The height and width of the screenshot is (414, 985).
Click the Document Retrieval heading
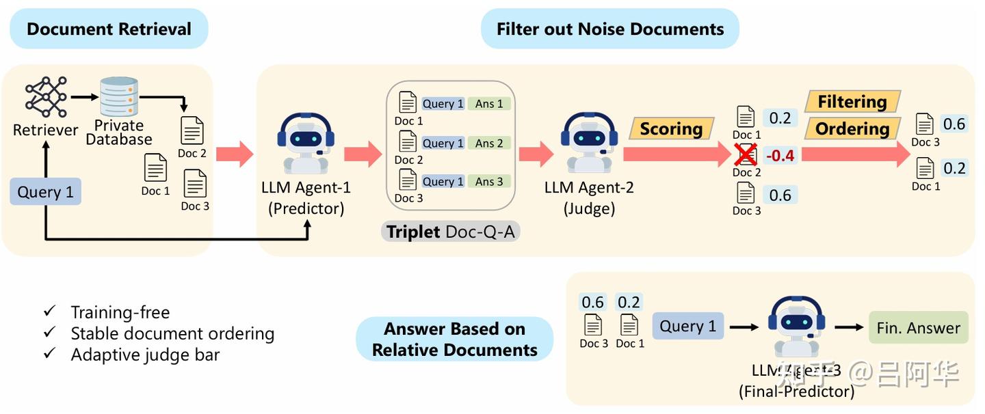coord(109,29)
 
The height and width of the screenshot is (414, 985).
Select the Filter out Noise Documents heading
coord(609,29)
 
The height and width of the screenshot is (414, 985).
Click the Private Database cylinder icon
coord(119,97)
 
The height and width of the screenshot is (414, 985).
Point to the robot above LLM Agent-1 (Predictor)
coord(306,142)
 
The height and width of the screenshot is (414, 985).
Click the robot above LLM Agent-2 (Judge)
coord(588,142)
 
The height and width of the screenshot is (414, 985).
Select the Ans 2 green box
coord(489,143)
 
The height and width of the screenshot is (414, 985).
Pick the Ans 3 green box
coord(489,182)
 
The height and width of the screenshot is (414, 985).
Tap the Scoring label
coord(671,129)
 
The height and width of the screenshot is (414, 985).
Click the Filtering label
coord(852,102)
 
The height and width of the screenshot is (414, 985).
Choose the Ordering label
coord(852,128)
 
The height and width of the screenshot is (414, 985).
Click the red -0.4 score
coord(780,156)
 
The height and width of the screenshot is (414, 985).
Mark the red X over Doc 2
coord(746,156)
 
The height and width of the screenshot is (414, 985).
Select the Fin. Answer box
coord(918,328)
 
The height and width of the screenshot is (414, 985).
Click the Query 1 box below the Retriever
coord(45,192)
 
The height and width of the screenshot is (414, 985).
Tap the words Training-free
coord(120,312)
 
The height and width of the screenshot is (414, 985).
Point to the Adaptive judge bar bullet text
coord(145,355)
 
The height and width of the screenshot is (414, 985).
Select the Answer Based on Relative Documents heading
coord(454,339)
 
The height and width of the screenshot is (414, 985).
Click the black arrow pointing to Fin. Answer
coord(849,327)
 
